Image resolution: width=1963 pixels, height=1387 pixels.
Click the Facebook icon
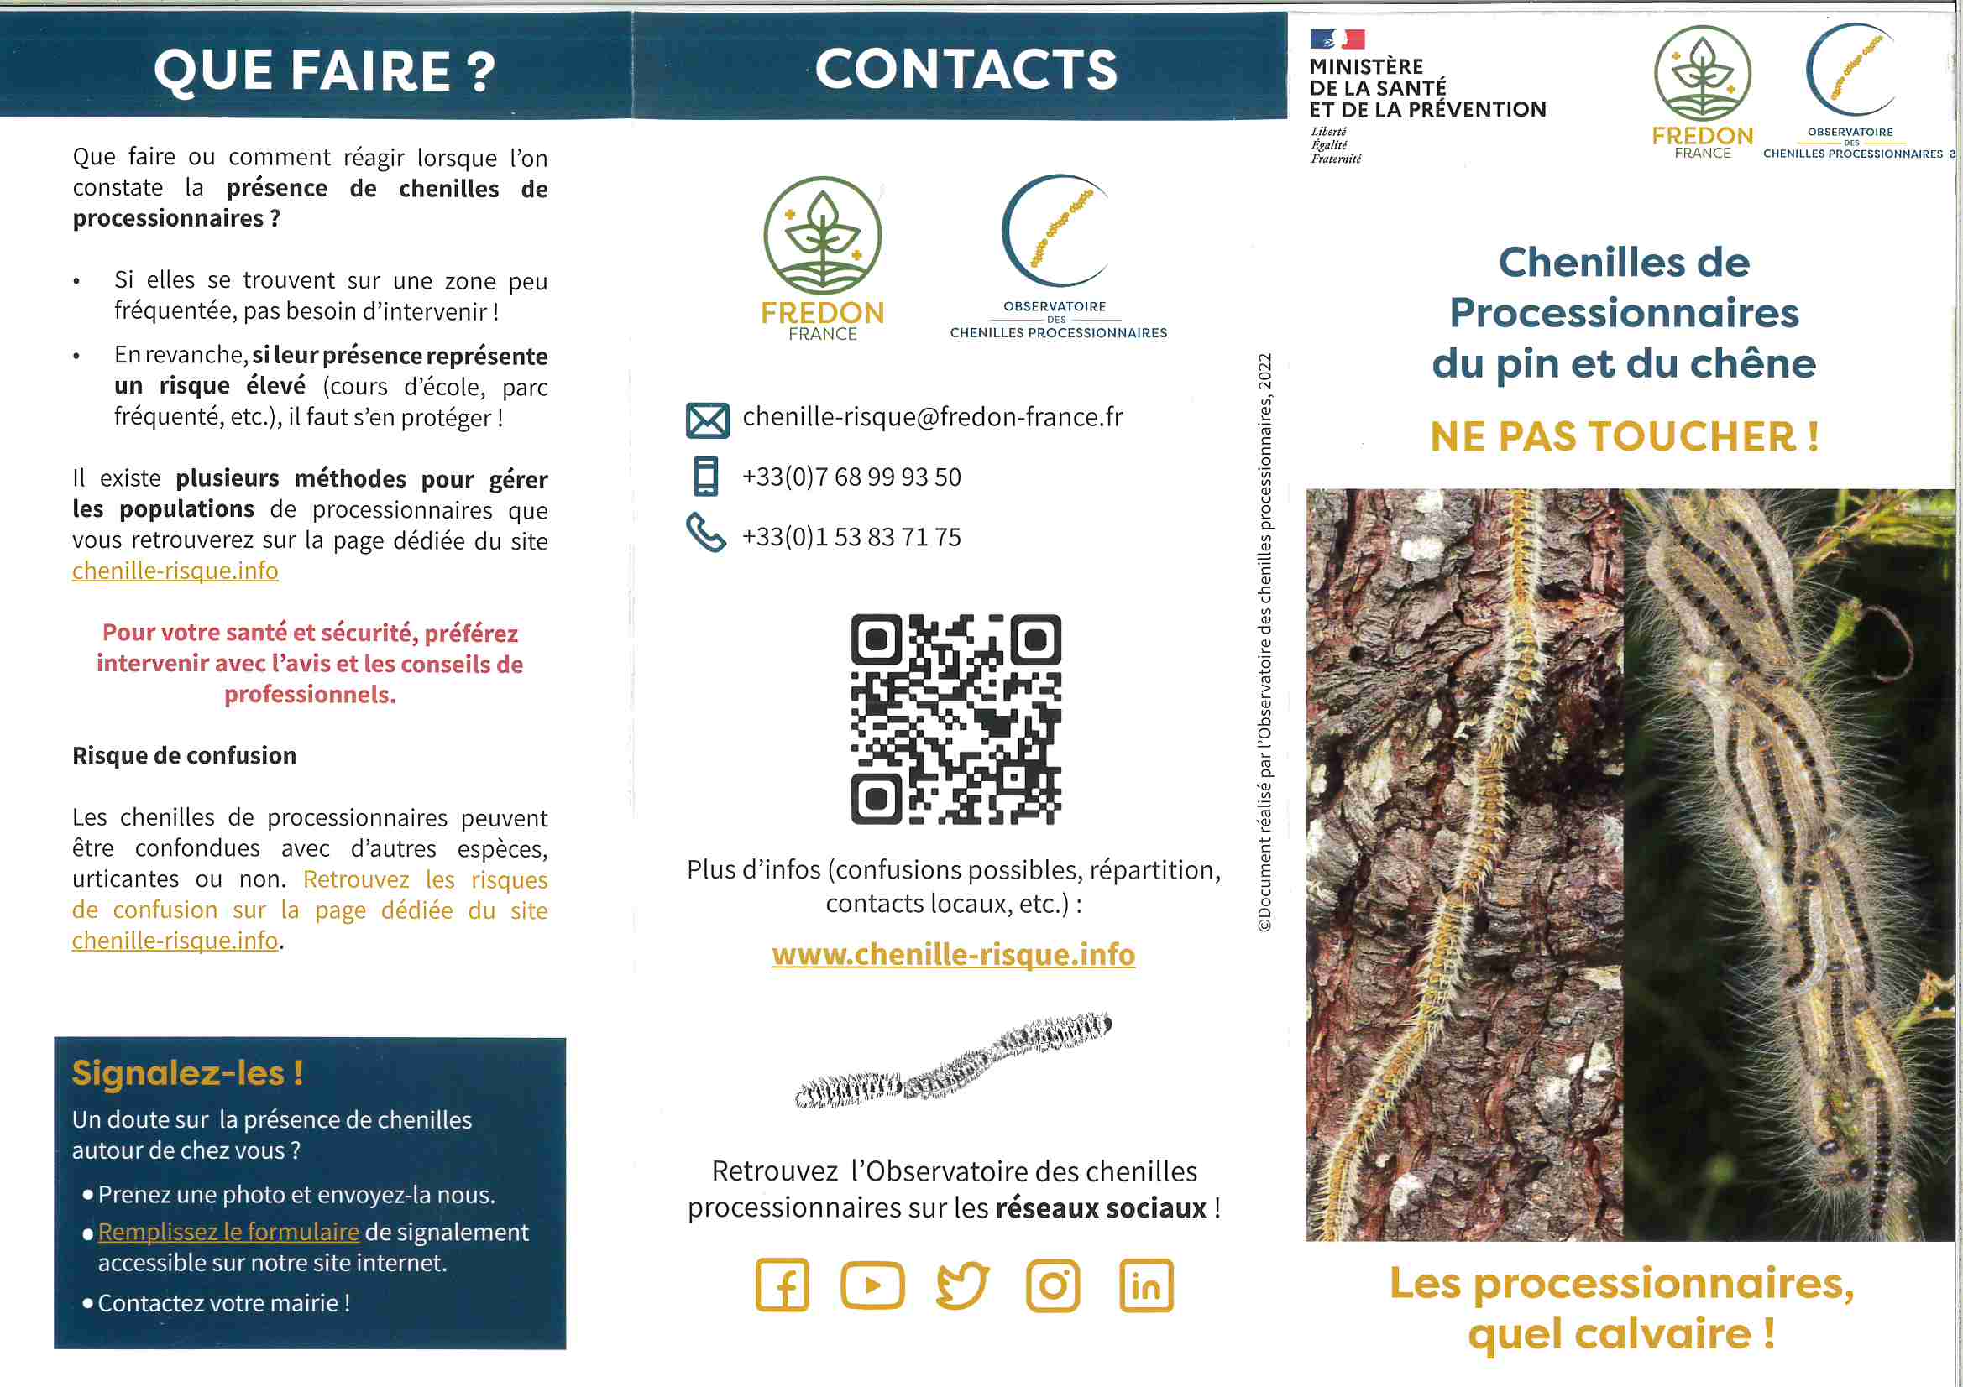click(x=782, y=1285)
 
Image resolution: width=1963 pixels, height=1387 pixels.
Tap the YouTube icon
click(x=872, y=1285)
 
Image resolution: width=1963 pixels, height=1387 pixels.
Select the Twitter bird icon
click(x=963, y=1285)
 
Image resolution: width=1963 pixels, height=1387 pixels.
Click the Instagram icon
click(x=1053, y=1285)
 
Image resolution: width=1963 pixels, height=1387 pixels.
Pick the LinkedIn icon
click(x=1146, y=1285)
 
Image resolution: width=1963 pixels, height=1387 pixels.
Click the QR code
click(x=955, y=719)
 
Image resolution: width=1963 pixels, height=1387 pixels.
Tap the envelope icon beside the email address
click(x=707, y=420)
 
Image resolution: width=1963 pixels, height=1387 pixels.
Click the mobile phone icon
click(x=705, y=477)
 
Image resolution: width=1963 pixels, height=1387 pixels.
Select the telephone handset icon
click(x=706, y=534)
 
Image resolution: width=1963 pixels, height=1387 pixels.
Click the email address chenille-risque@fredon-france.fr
click(x=932, y=417)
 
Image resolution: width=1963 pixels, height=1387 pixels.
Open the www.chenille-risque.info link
click(x=953, y=955)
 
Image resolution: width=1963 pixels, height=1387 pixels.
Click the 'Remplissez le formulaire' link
click(x=228, y=1232)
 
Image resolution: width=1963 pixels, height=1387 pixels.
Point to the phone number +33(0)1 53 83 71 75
click(x=851, y=537)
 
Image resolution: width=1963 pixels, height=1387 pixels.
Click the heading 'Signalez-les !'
click(x=187, y=1073)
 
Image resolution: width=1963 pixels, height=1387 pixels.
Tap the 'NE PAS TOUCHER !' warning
click(x=1624, y=436)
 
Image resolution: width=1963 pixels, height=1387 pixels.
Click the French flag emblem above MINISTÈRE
click(x=1337, y=39)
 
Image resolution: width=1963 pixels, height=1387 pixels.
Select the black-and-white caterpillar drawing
click(x=953, y=1061)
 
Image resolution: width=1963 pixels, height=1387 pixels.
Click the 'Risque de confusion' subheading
click(x=184, y=755)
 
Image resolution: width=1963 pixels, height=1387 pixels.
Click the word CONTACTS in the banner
click(x=966, y=68)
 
